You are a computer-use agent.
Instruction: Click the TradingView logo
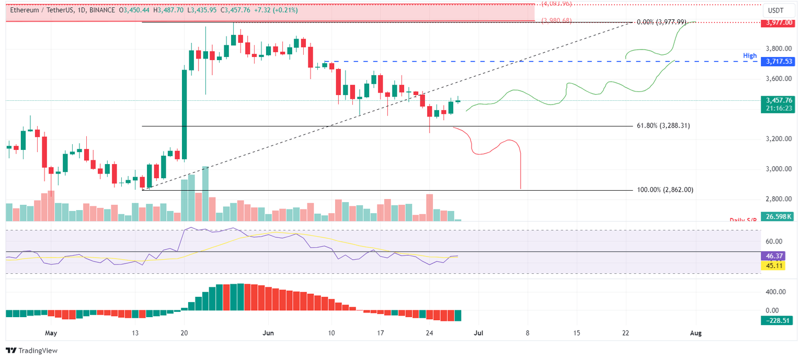(31, 351)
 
